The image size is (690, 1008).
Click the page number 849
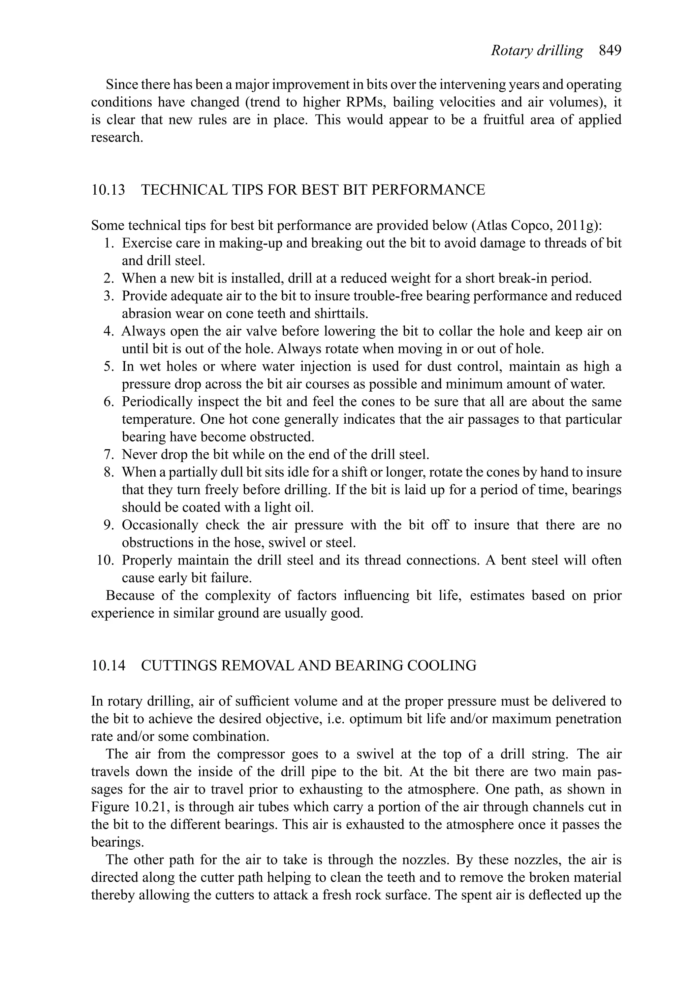point(610,51)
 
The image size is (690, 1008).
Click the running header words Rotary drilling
point(537,51)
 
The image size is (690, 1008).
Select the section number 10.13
point(108,190)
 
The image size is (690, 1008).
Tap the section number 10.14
point(108,665)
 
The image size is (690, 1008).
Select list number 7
point(109,455)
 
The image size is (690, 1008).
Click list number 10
point(105,560)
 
